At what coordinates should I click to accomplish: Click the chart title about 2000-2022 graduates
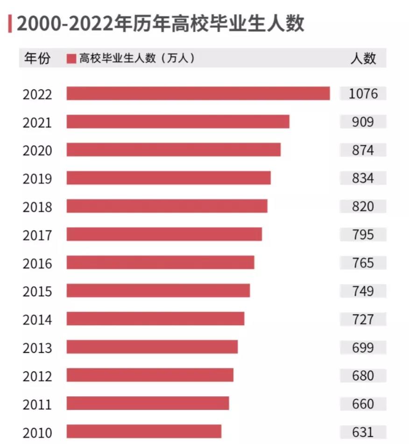pos(160,23)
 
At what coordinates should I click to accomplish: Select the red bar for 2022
pos(198,93)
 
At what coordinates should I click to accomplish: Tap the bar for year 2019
pos(169,178)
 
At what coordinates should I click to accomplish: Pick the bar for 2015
pos(158,291)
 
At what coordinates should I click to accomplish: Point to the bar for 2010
pos(144,431)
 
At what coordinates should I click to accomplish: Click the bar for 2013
pos(152,347)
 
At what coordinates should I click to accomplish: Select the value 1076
pos(363,93)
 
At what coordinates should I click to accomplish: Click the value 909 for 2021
pos(363,122)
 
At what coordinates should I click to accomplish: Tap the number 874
pos(363,150)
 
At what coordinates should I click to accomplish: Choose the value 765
pos(363,263)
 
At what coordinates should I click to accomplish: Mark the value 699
pos(363,347)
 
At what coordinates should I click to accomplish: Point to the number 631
pos(363,432)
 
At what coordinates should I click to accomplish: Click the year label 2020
pos(37,150)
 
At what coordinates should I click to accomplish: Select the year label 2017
pos(37,235)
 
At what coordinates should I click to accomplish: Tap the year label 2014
pos(37,320)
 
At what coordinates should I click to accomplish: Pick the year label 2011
pos(37,404)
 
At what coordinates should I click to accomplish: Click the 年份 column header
pos(37,58)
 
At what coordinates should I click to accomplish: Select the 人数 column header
pos(363,58)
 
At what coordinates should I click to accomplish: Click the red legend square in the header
pos(71,58)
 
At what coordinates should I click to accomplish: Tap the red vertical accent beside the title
pos(10,23)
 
